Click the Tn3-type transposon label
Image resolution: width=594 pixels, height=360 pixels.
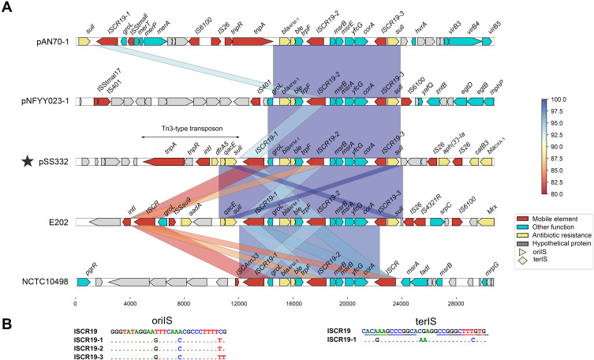180,128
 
